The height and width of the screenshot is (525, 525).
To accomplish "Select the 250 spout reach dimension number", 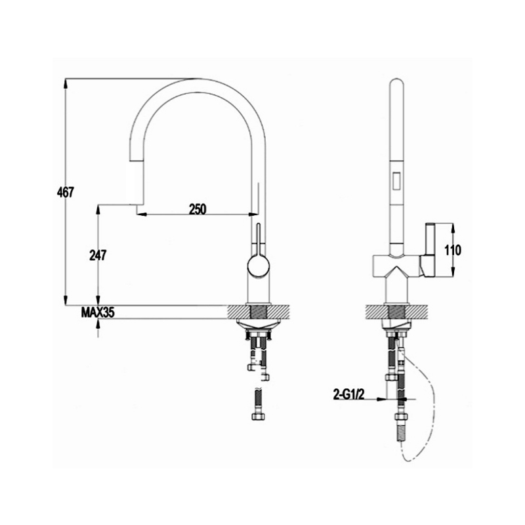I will click(198, 209).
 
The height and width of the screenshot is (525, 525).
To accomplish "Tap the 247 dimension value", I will click(97, 255).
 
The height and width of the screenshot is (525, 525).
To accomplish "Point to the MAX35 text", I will click(98, 313).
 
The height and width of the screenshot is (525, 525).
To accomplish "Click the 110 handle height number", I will click(453, 250).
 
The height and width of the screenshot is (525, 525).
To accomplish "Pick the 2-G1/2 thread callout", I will click(350, 394).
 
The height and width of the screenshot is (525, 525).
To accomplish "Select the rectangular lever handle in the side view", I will click(429, 249).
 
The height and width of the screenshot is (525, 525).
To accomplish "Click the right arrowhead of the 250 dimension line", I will click(251, 214).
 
